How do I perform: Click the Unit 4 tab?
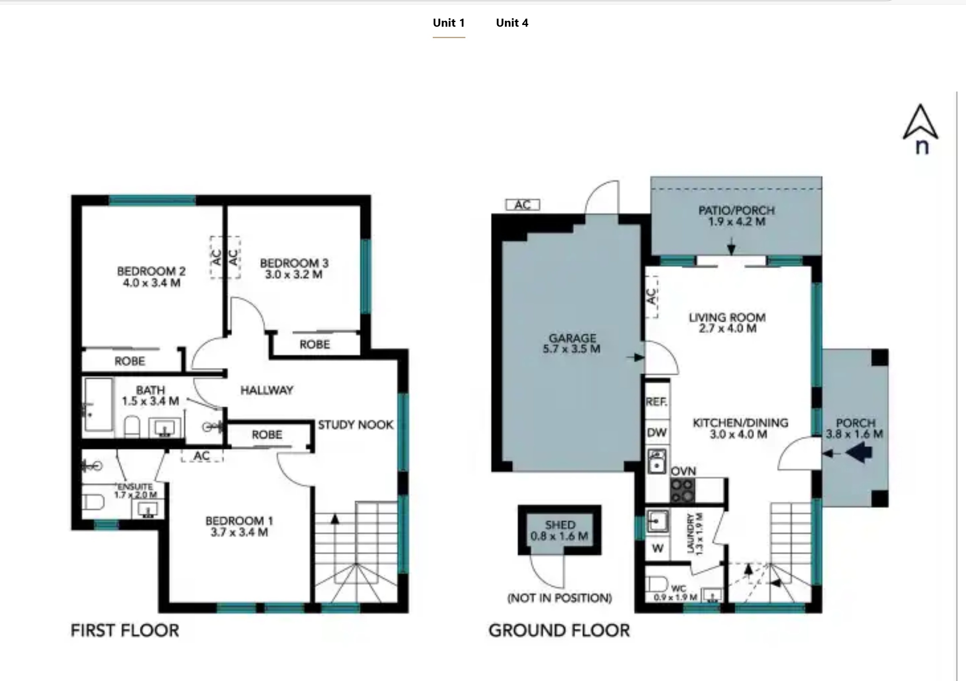(x=512, y=23)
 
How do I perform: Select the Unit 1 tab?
(x=449, y=23)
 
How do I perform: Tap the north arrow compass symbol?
(x=921, y=129)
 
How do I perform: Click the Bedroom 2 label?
(x=151, y=271)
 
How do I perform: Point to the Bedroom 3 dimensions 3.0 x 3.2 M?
(x=294, y=274)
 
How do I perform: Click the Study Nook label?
(x=356, y=425)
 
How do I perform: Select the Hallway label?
(x=267, y=390)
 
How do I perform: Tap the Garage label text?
(x=572, y=338)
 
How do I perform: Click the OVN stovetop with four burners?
(x=682, y=490)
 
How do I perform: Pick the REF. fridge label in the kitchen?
(x=657, y=401)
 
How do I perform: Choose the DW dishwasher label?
(x=657, y=433)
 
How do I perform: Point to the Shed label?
(x=560, y=525)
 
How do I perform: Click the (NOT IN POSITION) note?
(x=560, y=598)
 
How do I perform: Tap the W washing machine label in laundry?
(x=657, y=548)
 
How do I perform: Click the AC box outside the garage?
(x=523, y=205)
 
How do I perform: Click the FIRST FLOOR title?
(x=125, y=631)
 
